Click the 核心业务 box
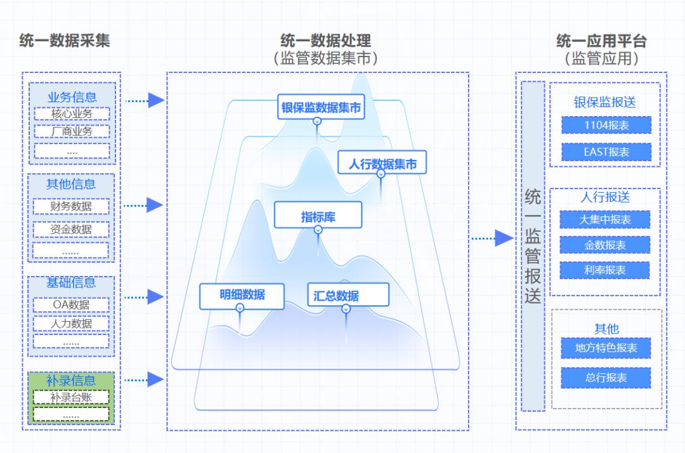pos(72,114)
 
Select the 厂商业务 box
pos(72,132)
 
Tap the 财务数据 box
pos(71,206)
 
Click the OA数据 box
pos(71,305)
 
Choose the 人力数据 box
pos(71,324)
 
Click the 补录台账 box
pos(71,398)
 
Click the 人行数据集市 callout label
pos(382,164)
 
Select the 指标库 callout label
pos(318,216)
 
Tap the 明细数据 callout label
pos(242,296)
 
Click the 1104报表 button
pos(606,126)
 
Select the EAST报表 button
pos(606,152)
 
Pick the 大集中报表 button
pos(605,220)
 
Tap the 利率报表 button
pos(605,270)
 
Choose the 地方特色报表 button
pos(606,348)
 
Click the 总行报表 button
pos(606,377)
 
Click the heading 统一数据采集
pos(65,41)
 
